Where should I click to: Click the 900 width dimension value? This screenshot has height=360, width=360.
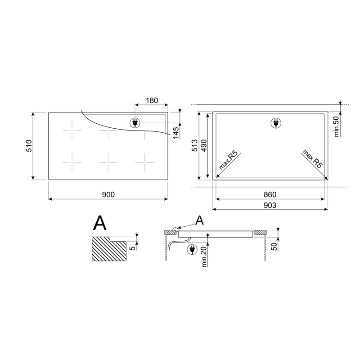108,194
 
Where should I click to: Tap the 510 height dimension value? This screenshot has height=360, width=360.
29,145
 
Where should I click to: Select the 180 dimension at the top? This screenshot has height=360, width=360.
152,100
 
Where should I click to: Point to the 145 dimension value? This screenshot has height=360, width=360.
175,133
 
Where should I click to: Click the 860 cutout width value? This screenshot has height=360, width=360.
270,194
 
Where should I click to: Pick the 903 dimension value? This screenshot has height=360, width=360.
270,205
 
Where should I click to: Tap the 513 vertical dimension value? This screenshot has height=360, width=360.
194,145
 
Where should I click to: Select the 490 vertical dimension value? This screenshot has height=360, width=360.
204,145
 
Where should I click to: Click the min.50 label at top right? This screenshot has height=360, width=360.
337,126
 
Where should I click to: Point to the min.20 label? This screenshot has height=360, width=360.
204,256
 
